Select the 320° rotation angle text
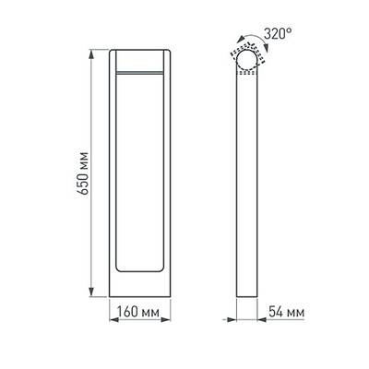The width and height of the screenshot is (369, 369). [278, 33]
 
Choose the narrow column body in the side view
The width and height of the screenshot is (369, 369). [247, 184]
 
